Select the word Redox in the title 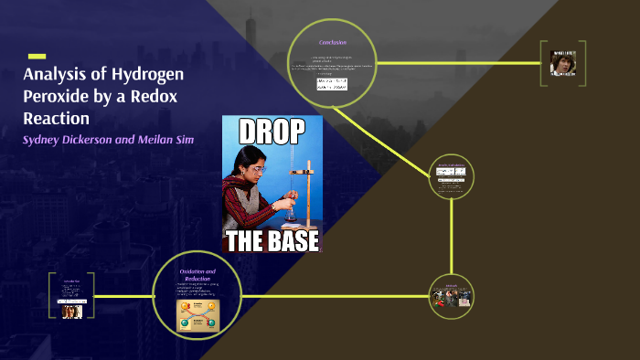click(x=162, y=97)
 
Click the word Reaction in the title click(x=57, y=119)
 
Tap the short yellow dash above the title click(x=37, y=57)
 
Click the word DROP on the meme click(x=272, y=133)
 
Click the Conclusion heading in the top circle click(x=332, y=43)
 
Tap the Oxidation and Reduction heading click(x=197, y=274)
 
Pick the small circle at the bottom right click(x=452, y=295)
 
